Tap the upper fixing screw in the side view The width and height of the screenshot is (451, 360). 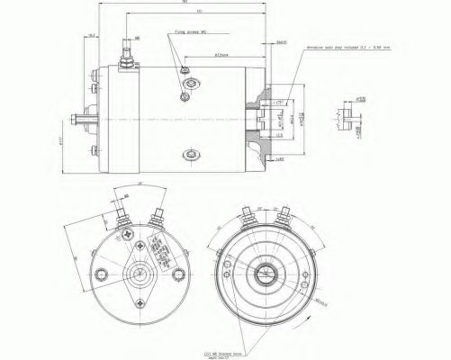185,72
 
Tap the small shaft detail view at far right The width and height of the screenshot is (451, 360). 343,114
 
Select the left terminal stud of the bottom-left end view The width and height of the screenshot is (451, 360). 119,216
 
